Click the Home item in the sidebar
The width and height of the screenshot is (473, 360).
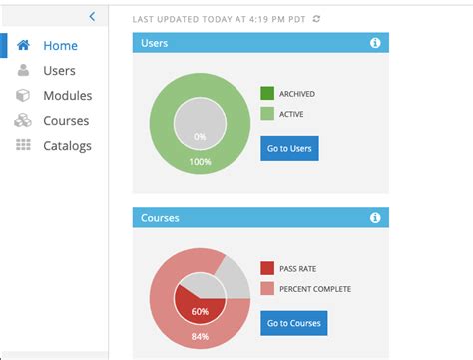tap(60, 46)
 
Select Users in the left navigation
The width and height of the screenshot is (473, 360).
tap(59, 71)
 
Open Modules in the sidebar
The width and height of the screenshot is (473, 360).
tap(67, 96)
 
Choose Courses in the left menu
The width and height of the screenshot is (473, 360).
tap(66, 121)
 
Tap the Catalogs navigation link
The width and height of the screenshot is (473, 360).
tap(67, 146)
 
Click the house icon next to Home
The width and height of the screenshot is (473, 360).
tap(23, 46)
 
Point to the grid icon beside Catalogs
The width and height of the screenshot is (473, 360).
tap(23, 146)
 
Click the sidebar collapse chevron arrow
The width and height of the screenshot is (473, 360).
tap(92, 16)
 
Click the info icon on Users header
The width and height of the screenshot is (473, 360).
tap(375, 43)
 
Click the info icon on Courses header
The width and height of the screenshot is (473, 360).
tap(375, 217)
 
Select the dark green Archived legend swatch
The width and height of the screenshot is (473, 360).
tap(267, 94)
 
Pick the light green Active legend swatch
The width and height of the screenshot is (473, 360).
tap(267, 115)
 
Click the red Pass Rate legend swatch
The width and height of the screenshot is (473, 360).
tap(267, 268)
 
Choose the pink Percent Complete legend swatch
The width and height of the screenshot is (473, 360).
tap(267, 289)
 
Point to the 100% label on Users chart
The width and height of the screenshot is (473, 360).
tap(201, 161)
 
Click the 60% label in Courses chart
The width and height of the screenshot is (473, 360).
tap(201, 311)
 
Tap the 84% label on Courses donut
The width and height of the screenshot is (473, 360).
tap(201, 336)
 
